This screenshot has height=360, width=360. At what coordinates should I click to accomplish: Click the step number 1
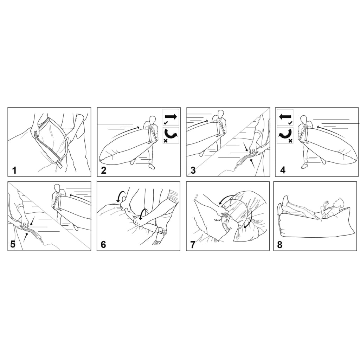coord(14,171)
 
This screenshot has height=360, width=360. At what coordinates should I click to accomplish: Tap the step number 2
coord(104,171)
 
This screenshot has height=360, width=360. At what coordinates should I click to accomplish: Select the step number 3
coord(193,171)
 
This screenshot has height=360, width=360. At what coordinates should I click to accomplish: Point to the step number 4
coord(283,170)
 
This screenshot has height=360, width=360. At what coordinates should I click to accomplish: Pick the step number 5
coord(13,244)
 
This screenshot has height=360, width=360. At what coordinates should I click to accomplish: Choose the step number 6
coord(103,245)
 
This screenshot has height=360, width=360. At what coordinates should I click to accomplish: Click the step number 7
coord(193,245)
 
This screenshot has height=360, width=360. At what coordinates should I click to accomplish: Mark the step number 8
coord(279,245)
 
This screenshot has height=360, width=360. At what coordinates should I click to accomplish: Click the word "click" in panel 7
coord(217,220)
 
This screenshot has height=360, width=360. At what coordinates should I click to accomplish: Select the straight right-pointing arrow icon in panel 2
coord(171,116)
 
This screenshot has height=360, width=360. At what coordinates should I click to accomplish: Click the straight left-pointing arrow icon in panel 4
coord(285,117)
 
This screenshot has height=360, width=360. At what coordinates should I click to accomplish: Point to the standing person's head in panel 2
coord(153,120)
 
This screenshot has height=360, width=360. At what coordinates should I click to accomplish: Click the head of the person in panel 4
coord(303,120)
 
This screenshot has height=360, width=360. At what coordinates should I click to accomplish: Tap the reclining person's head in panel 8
coord(339,202)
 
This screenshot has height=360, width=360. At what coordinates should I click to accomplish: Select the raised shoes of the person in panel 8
coord(282,205)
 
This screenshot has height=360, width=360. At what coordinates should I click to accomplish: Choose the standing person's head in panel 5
coord(57,188)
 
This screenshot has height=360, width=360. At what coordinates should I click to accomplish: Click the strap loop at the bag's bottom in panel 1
coord(60,164)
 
